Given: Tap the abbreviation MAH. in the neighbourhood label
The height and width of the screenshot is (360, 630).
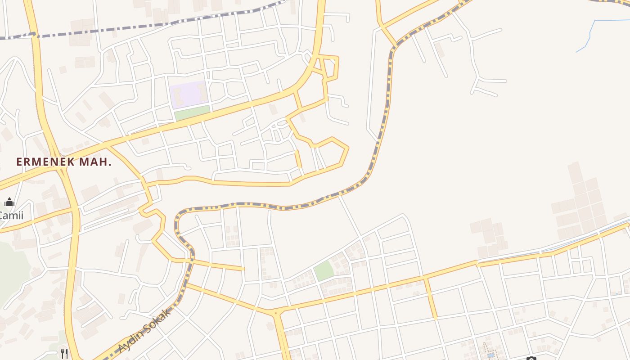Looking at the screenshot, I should click(95, 162).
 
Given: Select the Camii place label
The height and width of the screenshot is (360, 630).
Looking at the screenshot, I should click(11, 216).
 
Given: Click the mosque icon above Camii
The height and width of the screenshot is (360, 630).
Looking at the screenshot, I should click(9, 202).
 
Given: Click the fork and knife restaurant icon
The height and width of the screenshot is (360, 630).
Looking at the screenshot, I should click(64, 353).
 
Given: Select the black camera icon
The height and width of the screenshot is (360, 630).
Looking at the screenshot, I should click(531, 359).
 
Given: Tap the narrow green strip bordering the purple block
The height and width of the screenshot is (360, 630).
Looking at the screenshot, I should click(193, 113).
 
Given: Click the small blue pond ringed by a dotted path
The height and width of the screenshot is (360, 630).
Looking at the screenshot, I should click(490, 355).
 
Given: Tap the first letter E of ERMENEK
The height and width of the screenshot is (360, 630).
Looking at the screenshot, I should click(19, 162).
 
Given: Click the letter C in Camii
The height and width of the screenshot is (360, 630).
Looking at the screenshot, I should click(1, 216).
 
